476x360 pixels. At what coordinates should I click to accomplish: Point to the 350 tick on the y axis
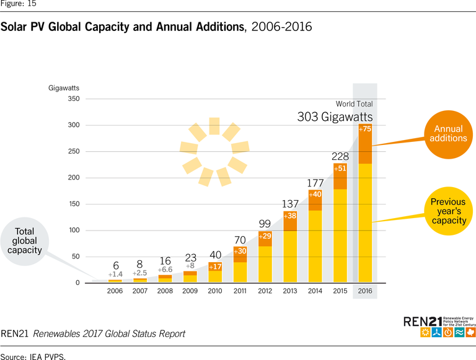tap(73, 99)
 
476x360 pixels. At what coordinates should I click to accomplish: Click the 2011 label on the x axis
tap(240, 291)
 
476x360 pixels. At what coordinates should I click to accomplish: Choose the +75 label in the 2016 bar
tap(365, 129)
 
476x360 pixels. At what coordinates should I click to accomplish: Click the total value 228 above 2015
tap(340, 156)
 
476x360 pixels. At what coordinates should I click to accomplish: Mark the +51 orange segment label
tap(340, 169)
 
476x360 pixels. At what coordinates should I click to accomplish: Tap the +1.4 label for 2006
tap(116, 274)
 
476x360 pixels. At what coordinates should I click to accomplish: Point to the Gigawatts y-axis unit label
tap(64, 87)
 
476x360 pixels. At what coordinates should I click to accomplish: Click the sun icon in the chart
tap(214, 152)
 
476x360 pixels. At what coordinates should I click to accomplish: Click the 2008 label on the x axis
tap(165, 291)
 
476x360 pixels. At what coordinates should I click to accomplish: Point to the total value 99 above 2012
tap(265, 224)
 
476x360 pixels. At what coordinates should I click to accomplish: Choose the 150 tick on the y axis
tap(73, 204)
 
